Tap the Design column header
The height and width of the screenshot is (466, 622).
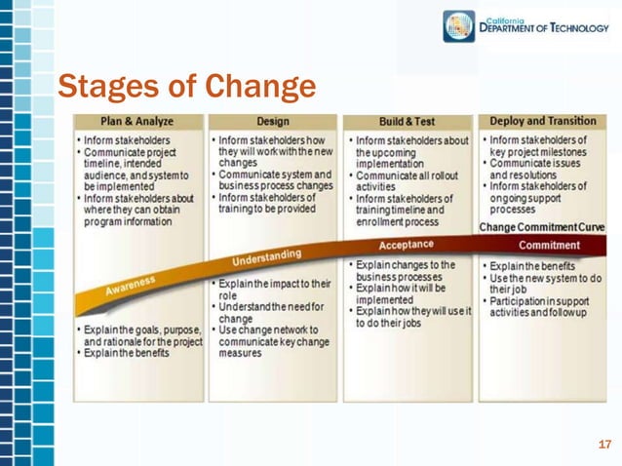(272, 122)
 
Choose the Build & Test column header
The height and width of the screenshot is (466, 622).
(407, 122)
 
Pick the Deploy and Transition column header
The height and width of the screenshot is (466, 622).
(543, 122)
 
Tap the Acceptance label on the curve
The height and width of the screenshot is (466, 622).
(406, 245)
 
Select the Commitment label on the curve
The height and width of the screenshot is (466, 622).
(549, 245)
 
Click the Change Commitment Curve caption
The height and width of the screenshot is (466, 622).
(541, 227)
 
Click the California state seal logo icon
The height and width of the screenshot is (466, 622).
(460, 26)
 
